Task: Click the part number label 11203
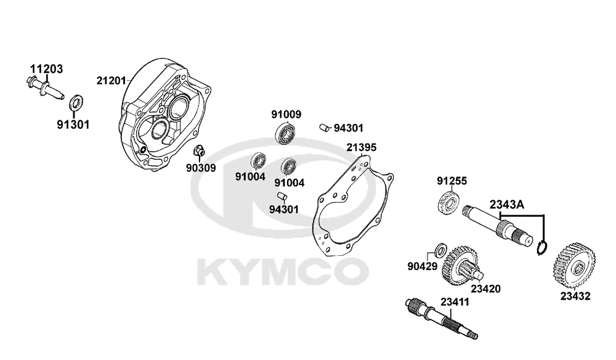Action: (46, 69)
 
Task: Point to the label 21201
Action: (111, 81)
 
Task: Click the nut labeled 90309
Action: (199, 150)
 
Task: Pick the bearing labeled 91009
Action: (285, 132)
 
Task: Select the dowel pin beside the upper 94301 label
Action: (325, 128)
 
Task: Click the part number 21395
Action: (361, 147)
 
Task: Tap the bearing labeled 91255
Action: (448, 202)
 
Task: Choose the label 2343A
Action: (506, 205)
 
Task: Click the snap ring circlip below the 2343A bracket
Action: (542, 248)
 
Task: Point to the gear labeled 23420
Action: (460, 266)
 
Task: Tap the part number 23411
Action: (455, 302)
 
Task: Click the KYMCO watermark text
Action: (283, 272)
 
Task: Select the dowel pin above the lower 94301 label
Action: (282, 196)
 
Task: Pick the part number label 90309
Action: (201, 168)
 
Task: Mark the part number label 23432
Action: (575, 297)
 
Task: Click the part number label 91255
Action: (452, 181)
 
